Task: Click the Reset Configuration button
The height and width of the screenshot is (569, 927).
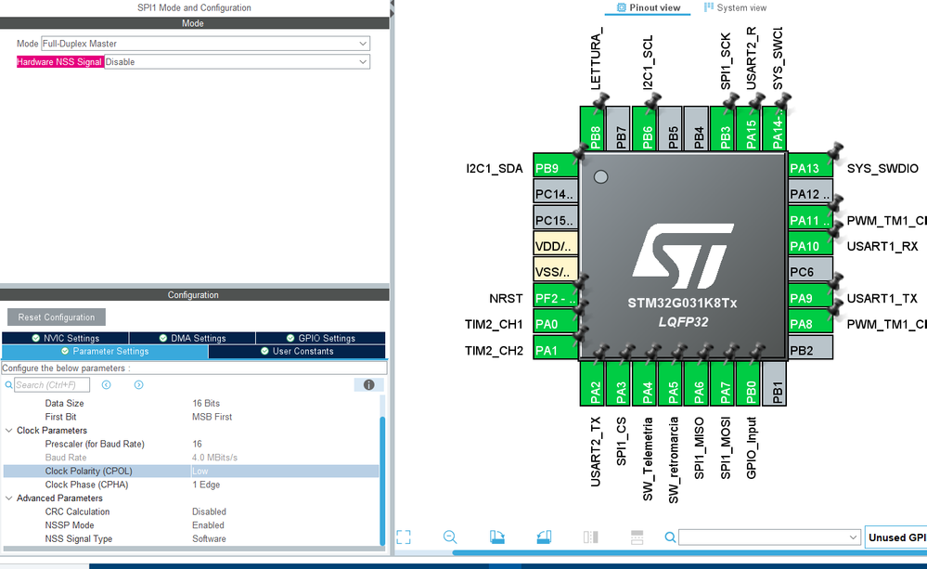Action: [x=57, y=317]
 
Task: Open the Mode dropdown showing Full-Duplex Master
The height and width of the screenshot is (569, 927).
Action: [x=205, y=44]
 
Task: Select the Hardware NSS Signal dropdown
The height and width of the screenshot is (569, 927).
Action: [x=237, y=62]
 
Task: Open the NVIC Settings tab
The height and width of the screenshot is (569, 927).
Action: [x=65, y=338]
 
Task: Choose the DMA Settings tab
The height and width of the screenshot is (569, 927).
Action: [x=192, y=338]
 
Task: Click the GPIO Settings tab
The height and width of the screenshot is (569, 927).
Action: [x=320, y=338]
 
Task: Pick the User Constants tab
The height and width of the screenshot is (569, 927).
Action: [x=296, y=352]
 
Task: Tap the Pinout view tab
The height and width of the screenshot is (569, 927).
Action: [x=649, y=7]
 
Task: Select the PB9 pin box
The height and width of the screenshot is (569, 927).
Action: [x=555, y=169]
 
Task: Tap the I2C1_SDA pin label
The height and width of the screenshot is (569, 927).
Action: [x=495, y=169]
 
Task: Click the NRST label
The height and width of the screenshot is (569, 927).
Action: [x=507, y=299]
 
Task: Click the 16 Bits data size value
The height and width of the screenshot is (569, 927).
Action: [x=206, y=404]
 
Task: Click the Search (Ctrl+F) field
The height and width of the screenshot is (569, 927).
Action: [x=52, y=385]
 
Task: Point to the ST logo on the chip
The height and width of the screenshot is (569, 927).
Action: [x=681, y=253]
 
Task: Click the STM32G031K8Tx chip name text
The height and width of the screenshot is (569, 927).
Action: [x=681, y=303]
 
